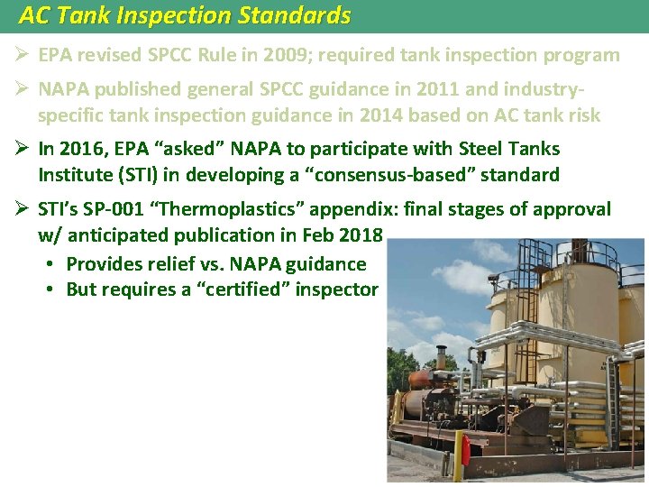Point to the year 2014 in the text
point(384,115)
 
